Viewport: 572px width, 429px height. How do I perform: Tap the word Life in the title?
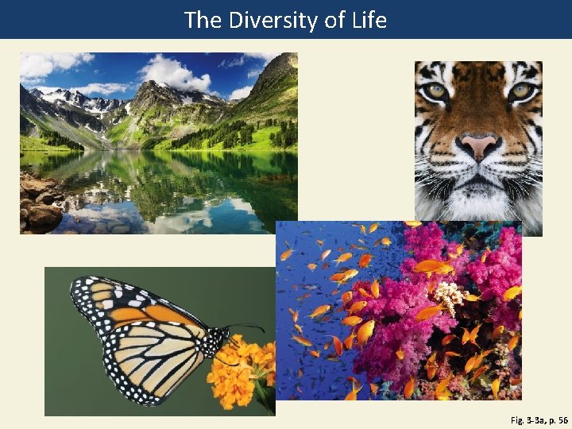(x=369, y=20)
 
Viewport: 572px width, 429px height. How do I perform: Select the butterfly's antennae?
(x=246, y=326)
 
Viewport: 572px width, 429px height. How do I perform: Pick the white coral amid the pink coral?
(x=449, y=296)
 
